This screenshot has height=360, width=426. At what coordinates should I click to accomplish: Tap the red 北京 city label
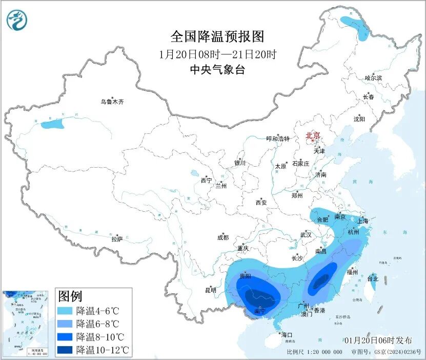click(x=313, y=136)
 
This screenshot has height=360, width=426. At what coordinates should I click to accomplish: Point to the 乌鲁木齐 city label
click(x=112, y=102)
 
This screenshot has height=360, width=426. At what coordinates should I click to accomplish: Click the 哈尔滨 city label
click(x=373, y=78)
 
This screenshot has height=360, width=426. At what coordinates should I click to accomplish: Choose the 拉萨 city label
click(x=117, y=239)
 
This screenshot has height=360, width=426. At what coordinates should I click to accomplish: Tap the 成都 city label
click(x=223, y=237)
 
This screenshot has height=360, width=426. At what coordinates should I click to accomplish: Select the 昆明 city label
click(x=211, y=290)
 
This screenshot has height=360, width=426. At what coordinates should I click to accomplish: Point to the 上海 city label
click(x=362, y=221)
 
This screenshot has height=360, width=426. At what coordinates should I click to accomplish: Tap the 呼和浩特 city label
click(x=278, y=139)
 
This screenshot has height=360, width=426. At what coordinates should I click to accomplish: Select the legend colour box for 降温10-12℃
click(x=65, y=350)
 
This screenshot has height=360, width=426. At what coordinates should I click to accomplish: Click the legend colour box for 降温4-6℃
click(x=65, y=310)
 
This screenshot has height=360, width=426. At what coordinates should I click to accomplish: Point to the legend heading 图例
click(x=70, y=296)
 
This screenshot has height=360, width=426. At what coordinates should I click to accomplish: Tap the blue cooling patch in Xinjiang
click(x=52, y=124)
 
